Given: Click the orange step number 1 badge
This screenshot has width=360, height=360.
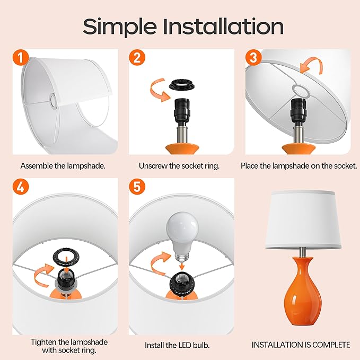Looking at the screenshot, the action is click(21, 58).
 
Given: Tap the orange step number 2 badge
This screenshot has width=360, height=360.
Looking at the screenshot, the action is click(137, 58).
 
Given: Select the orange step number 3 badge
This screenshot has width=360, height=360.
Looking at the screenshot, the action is click(253, 58).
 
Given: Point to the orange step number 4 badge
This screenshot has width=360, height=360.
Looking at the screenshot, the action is click(21, 186).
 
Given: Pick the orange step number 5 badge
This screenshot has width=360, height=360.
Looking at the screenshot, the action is click(137, 186).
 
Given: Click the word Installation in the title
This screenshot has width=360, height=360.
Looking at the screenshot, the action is click(223, 27).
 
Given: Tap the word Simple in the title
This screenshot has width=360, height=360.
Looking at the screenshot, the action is click(120, 28).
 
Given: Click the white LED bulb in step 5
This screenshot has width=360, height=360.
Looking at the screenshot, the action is click(182, 234).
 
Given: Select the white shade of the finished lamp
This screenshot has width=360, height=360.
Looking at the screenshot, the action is click(303, 219).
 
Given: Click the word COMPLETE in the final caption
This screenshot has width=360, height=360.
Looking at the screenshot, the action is click(331, 345).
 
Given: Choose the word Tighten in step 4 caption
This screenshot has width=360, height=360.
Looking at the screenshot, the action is click(43, 342).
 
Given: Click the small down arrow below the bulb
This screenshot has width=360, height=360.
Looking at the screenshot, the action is click(182, 266).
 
